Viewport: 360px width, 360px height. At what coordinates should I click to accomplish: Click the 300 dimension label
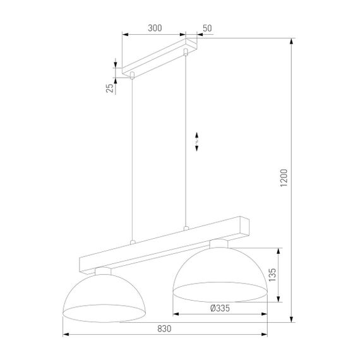pos(153,28)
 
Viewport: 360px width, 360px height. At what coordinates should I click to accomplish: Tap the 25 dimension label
pos(109,87)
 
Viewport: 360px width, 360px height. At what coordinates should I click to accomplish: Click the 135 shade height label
pos(272,275)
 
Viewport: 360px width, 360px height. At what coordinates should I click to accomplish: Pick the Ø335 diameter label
pos(218,308)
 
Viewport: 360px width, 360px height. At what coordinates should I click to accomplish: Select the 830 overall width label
pos(164,328)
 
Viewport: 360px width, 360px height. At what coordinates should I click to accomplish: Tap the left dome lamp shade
pos(105,294)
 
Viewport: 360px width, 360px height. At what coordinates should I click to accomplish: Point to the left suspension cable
pos(132,158)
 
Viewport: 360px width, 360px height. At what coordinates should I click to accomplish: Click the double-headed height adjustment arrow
pos(197,141)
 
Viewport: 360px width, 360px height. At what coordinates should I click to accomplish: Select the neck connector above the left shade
pos(103,272)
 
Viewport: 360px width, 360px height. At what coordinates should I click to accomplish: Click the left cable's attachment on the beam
pos(132,242)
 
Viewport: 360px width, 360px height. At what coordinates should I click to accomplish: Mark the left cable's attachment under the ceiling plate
pos(132,76)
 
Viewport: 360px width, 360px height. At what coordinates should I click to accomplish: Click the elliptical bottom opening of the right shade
pos(219,291)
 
